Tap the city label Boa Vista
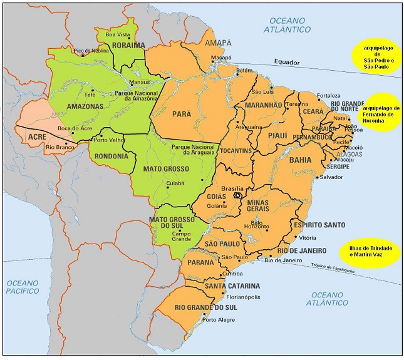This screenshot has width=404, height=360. point(117,34)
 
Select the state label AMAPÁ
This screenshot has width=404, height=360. point(218,43)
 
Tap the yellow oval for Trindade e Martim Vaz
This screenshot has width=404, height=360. point(372,252)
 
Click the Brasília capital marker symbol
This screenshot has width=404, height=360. point(237,195)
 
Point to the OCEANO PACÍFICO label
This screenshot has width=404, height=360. point(23,287)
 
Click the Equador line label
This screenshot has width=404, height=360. point(287,62)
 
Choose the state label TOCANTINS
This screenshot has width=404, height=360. point(236,151)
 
